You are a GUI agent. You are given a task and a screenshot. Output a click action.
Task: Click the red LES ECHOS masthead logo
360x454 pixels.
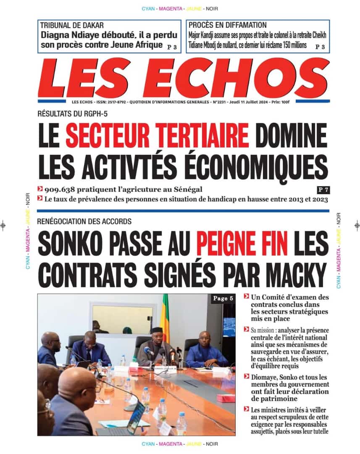(x=184, y=77)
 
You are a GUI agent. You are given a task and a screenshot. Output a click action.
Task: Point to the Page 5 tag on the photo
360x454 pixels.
(x=223, y=298)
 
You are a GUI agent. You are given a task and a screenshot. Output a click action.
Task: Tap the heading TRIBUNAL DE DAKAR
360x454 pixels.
(x=72, y=26)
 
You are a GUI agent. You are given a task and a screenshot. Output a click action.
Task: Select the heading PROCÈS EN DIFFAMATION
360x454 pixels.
(x=227, y=26)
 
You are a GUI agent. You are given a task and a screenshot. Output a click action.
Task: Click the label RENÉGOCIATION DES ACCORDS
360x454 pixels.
(x=84, y=221)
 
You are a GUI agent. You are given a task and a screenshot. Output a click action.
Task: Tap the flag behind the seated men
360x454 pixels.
(x=166, y=317)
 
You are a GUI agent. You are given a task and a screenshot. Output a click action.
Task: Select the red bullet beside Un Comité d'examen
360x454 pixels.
(x=246, y=297)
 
